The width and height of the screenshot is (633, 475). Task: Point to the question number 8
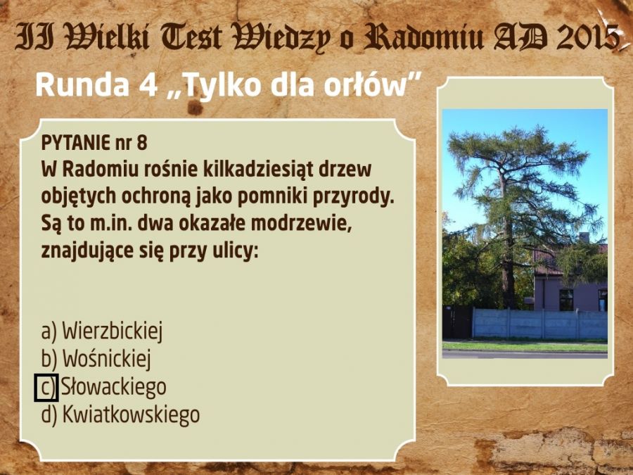tap(141, 143)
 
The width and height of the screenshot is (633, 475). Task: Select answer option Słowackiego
tap(113, 387)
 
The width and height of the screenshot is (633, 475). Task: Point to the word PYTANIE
tap(75, 143)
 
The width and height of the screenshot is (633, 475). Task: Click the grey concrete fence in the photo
tap(539, 324)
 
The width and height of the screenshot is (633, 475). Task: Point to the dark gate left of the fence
tap(457, 322)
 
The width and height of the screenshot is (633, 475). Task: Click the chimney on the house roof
tap(584, 238)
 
